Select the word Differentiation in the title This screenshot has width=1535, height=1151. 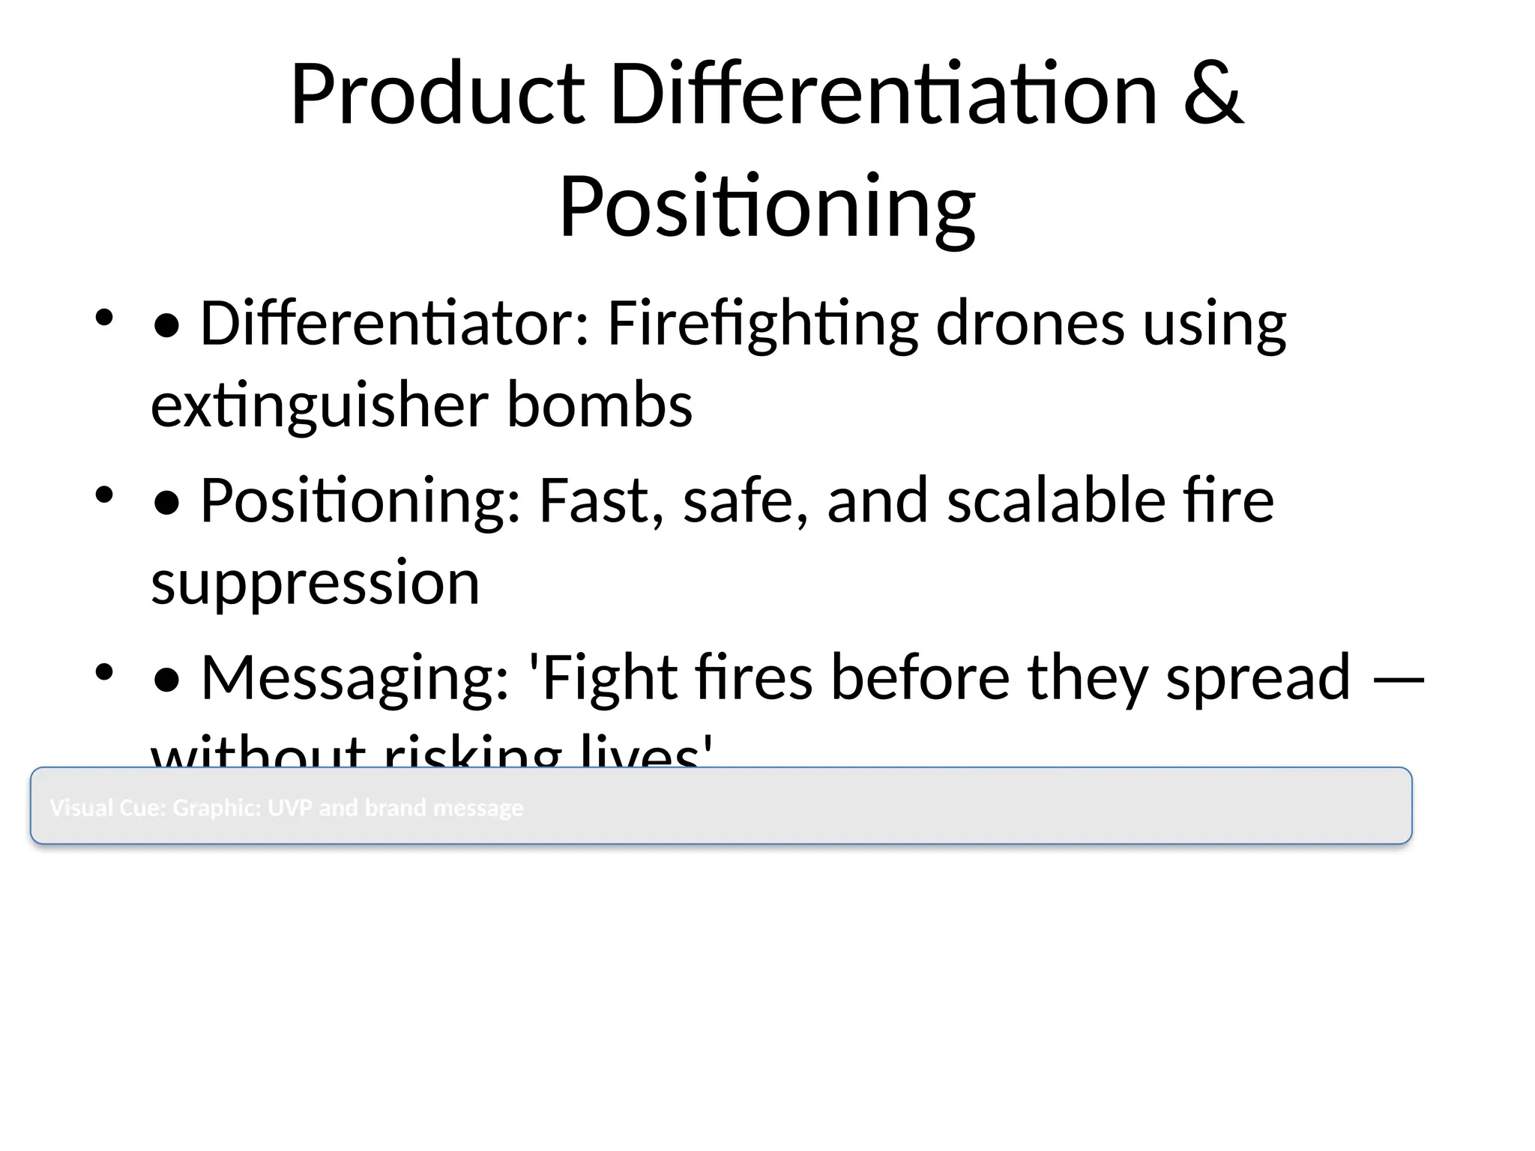(x=884, y=95)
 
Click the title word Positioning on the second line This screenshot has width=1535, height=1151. (x=767, y=206)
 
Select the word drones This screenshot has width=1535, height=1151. (x=1030, y=324)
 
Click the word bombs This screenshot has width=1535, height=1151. (x=600, y=405)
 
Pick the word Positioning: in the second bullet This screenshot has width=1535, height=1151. (x=361, y=501)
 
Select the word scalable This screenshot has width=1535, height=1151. (x=1056, y=501)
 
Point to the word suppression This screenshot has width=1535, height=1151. (x=315, y=582)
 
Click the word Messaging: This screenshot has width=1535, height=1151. (x=355, y=677)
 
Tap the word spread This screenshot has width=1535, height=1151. (x=1258, y=677)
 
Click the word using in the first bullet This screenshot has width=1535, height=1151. (x=1214, y=324)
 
